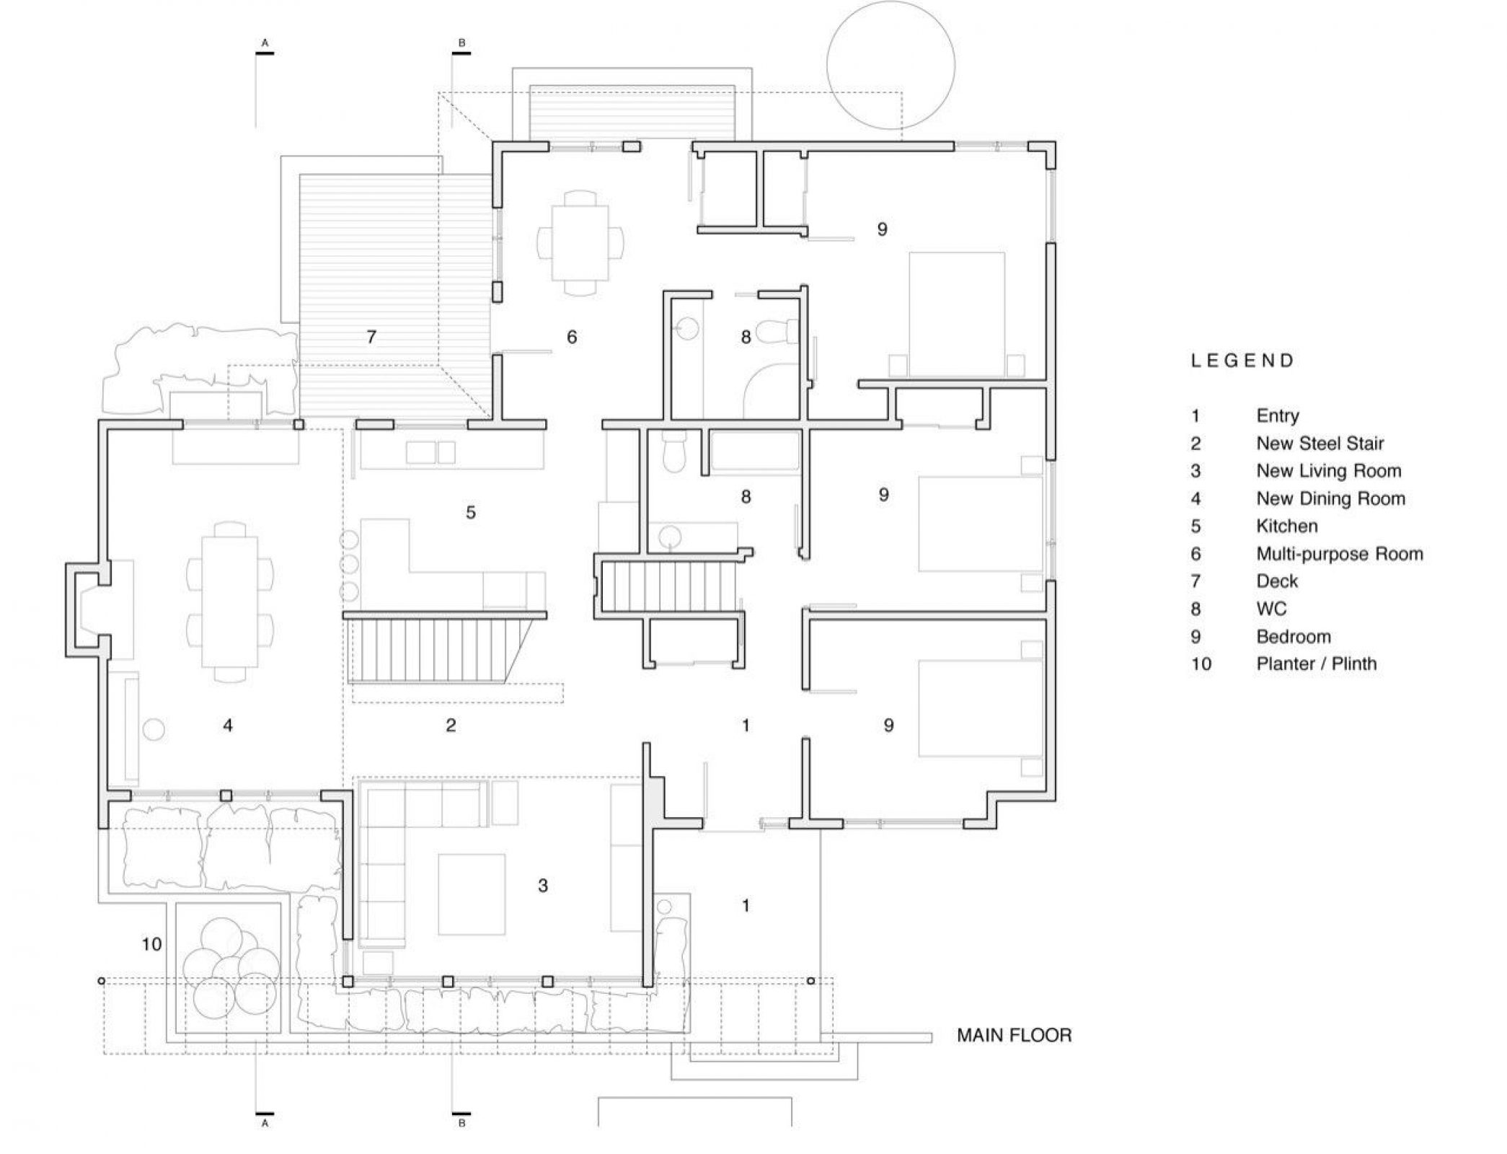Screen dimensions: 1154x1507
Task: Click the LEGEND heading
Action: pyautogui.click(x=1242, y=361)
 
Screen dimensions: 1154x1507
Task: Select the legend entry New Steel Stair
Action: pyautogui.click(x=1320, y=444)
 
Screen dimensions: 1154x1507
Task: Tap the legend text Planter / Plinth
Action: pyautogui.click(x=1316, y=664)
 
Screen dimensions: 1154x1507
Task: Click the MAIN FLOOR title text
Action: pyautogui.click(x=1014, y=1036)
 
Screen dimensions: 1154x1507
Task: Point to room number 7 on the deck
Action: pyautogui.click(x=371, y=337)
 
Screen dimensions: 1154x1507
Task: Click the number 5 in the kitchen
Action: pyautogui.click(x=470, y=513)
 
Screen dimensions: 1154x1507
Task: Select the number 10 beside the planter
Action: pyautogui.click(x=151, y=944)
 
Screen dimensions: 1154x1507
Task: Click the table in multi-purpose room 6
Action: pyautogui.click(x=580, y=242)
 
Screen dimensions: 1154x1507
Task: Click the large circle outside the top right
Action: pyautogui.click(x=890, y=65)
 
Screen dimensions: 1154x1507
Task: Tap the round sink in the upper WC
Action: pyautogui.click(x=688, y=330)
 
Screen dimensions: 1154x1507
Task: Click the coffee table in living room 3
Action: pyautogui.click(x=471, y=894)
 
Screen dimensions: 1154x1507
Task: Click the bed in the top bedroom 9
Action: pyautogui.click(x=957, y=314)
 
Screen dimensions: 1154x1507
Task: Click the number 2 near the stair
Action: pyautogui.click(x=451, y=726)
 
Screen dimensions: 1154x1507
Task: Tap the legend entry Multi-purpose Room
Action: pyautogui.click(x=1339, y=554)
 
